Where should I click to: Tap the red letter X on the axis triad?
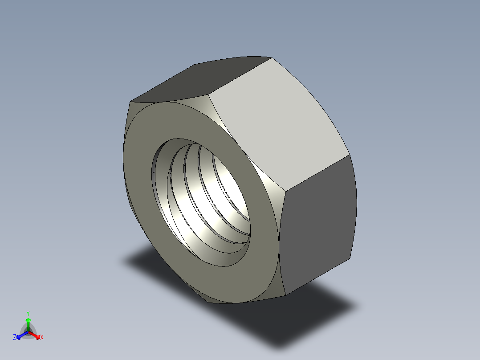pyautogui.click(x=41, y=338)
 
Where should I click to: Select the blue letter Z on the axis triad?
pyautogui.click(x=15, y=338)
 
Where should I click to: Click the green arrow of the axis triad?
pyautogui.click(x=28, y=323)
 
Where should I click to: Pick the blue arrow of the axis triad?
pyautogui.click(x=20, y=335)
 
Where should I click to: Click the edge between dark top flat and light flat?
pyautogui.click(x=240, y=76)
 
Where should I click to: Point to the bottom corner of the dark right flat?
pyautogui.click(x=285, y=295)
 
